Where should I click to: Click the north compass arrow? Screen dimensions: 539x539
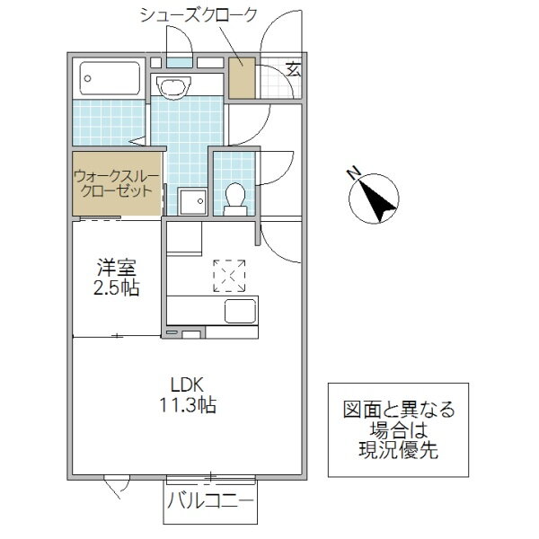[377, 196]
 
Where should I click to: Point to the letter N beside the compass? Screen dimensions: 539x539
[354, 172]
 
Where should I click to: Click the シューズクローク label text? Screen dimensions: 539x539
[199, 15]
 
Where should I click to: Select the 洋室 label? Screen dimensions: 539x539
[116, 268]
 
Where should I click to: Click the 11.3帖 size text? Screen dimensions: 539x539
[182, 404]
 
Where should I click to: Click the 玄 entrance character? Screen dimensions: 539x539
[294, 69]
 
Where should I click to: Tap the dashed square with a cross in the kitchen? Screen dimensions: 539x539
[229, 275]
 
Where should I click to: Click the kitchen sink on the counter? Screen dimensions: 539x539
[239, 312]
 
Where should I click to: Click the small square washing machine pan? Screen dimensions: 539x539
[190, 201]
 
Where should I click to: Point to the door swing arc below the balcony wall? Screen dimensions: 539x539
[115, 487]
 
